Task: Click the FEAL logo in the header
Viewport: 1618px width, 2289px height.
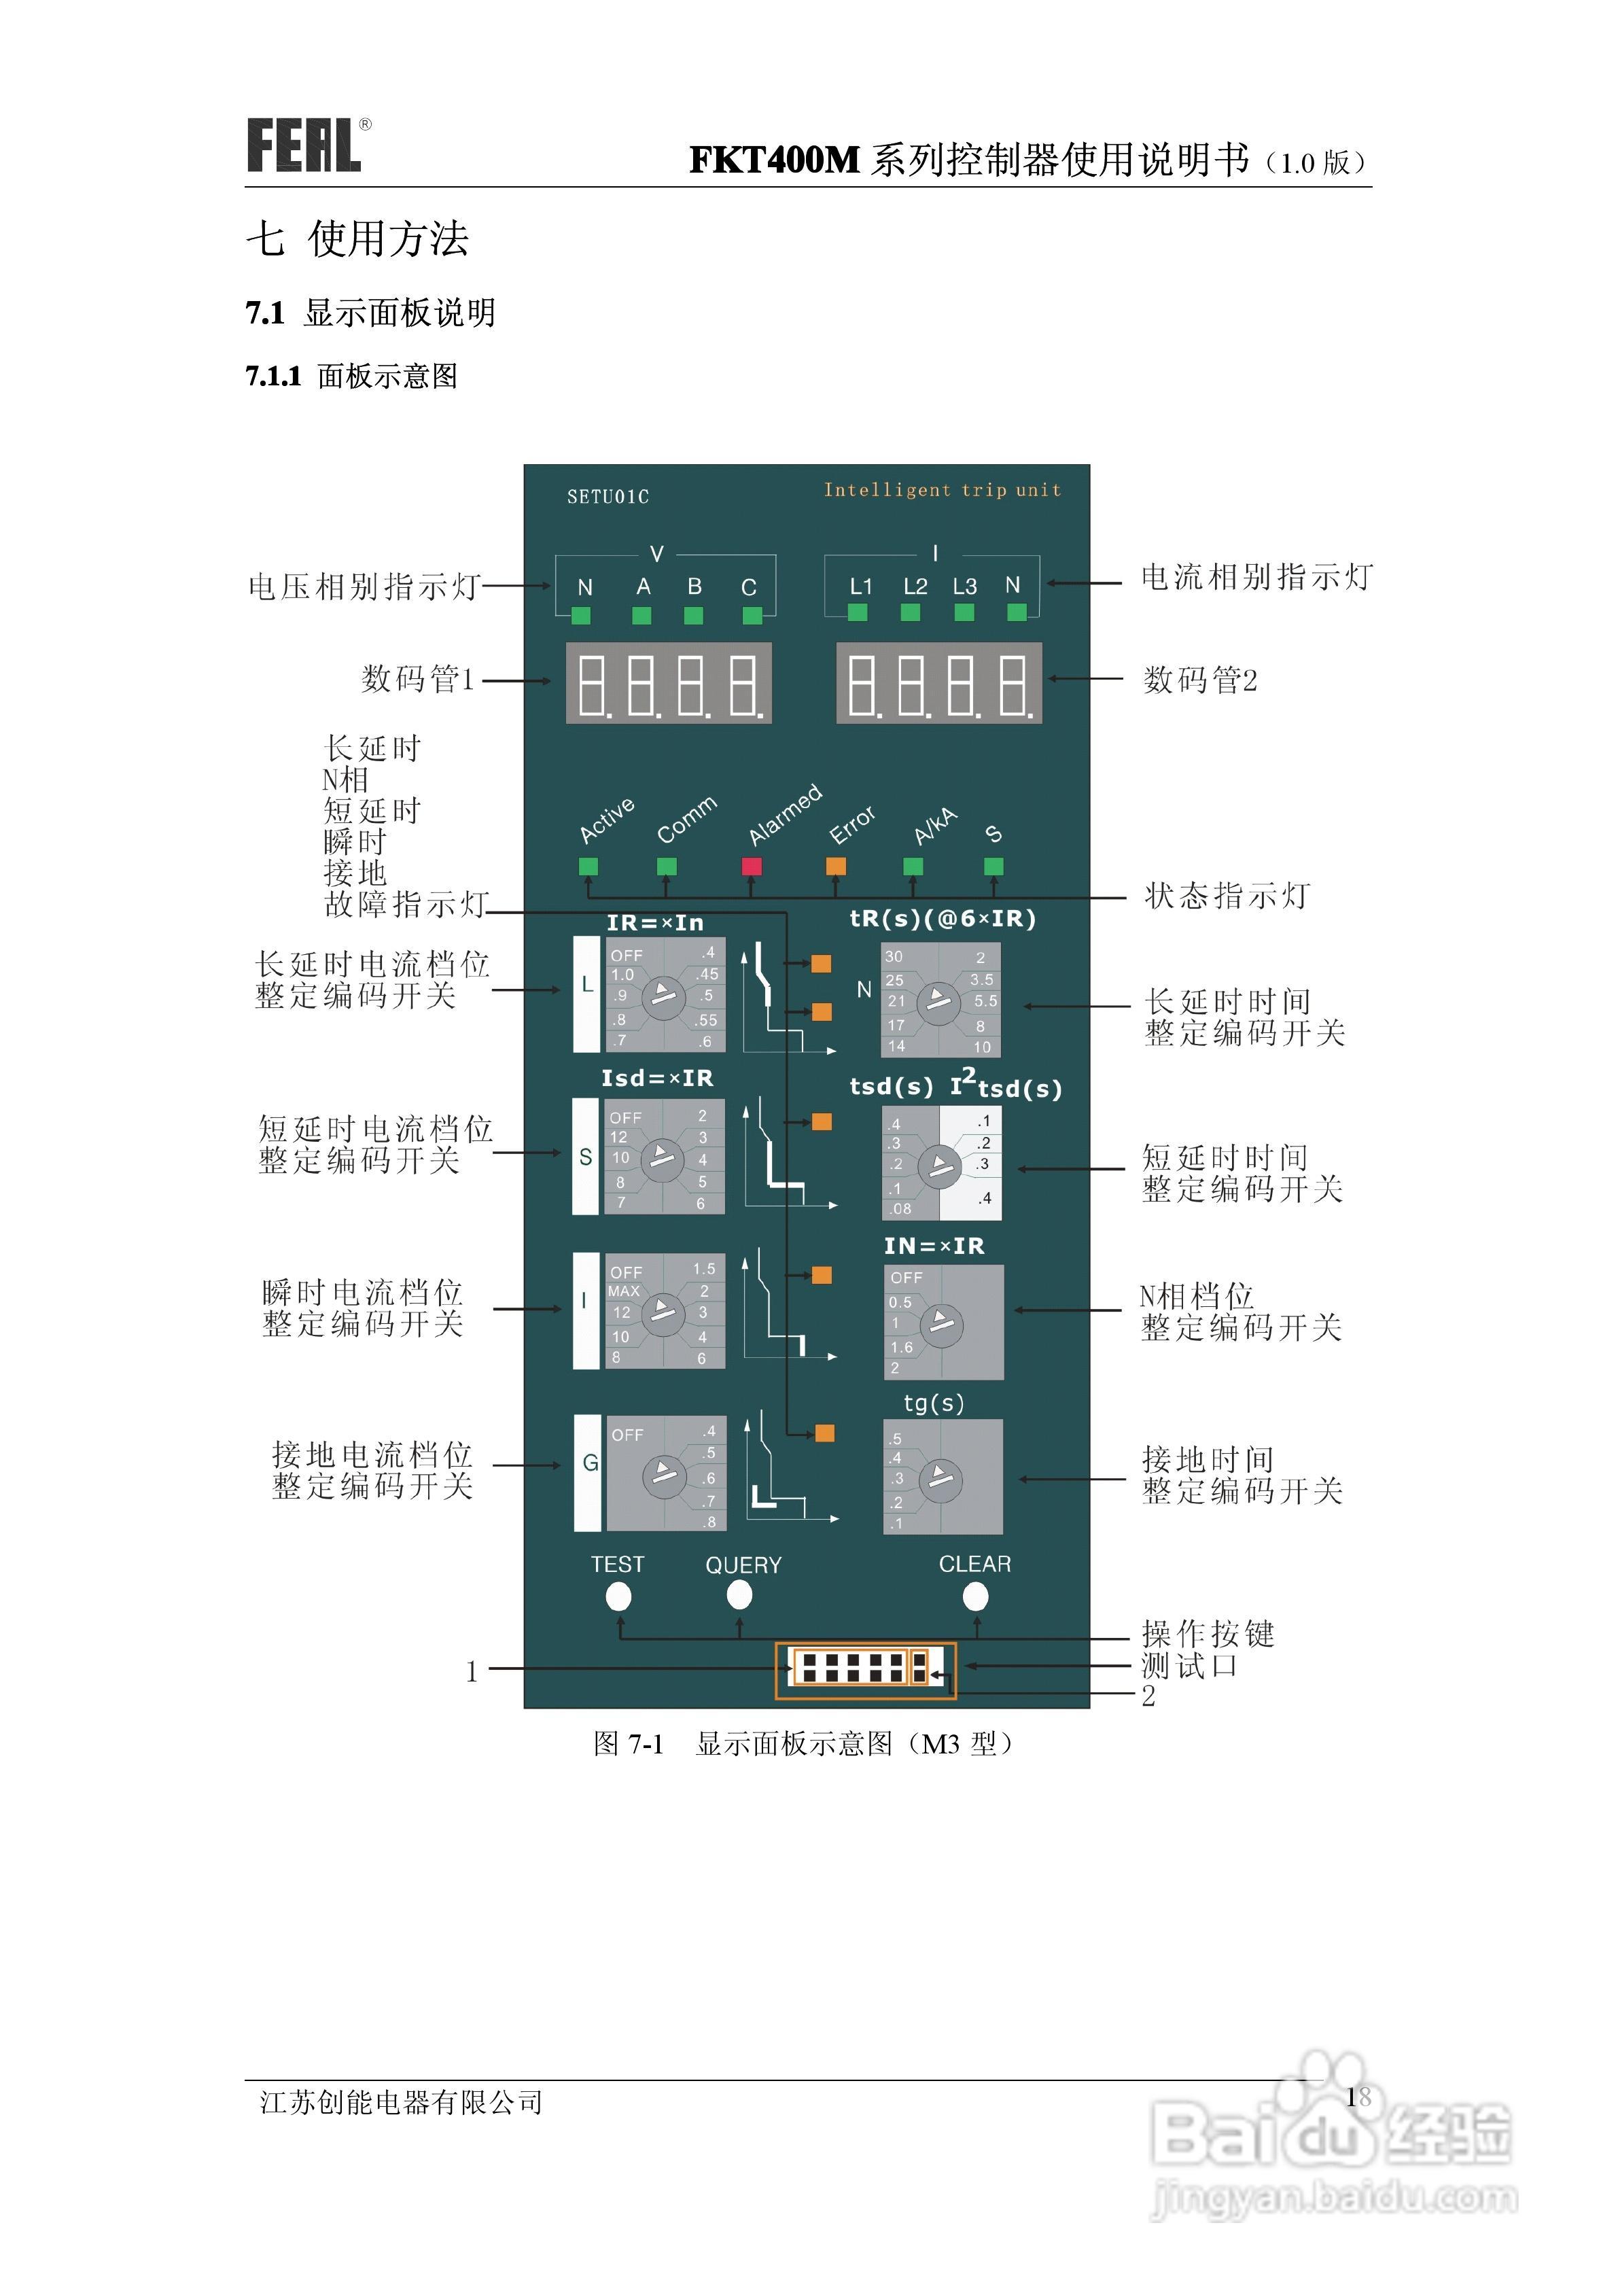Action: (x=304, y=145)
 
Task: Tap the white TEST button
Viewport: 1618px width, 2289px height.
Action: (x=618, y=1597)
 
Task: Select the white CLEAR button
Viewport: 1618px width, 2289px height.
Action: (x=975, y=1597)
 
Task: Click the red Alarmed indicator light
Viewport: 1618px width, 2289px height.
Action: (x=752, y=865)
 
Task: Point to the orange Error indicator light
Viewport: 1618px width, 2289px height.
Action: (x=835, y=865)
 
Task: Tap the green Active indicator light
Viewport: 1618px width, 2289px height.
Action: (x=588, y=865)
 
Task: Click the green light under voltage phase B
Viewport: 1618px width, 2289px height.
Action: (x=694, y=615)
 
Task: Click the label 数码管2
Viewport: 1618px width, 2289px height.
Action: (x=1200, y=680)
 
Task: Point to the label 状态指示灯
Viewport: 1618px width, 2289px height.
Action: (x=1226, y=895)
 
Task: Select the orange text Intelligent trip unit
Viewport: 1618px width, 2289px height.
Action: (x=942, y=489)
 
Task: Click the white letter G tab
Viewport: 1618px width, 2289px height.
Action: (x=588, y=1463)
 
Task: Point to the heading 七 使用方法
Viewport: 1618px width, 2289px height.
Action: (x=357, y=239)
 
